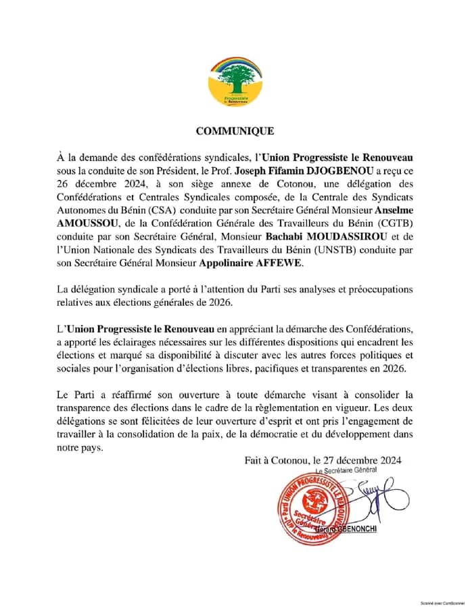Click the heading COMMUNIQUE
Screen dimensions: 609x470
point(235,131)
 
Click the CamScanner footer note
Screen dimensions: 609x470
point(440,602)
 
